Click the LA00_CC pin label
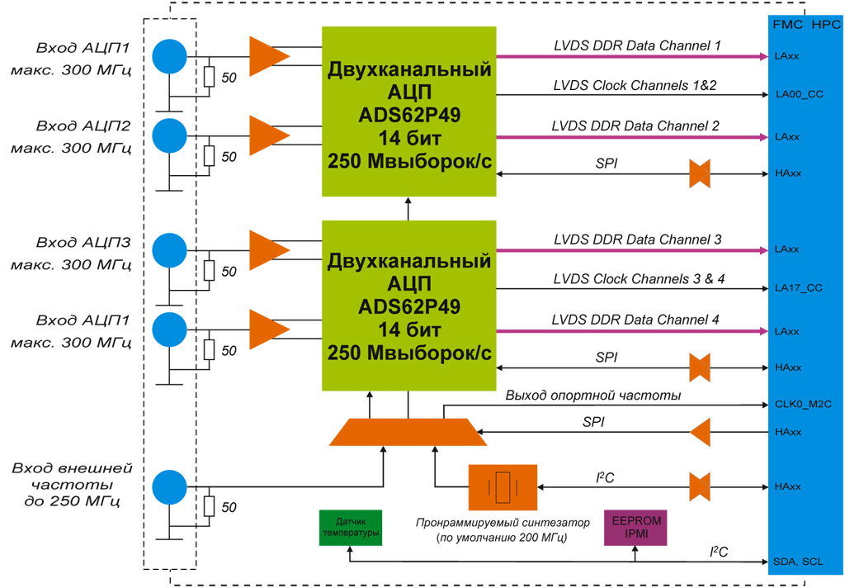pyautogui.click(x=799, y=94)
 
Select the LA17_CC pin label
pyautogui.click(x=799, y=288)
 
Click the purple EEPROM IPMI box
pyautogui.click(x=635, y=527)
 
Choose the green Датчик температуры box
pyautogui.click(x=351, y=527)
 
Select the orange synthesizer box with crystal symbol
pyautogui.click(x=502, y=486)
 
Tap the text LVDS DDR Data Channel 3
pyautogui.click(x=637, y=239)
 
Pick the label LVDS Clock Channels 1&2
pyautogui.click(x=635, y=85)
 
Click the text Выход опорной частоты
pyautogui.click(x=592, y=396)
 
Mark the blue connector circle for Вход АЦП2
pyautogui.click(x=170, y=135)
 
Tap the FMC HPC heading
pyautogui.click(x=806, y=26)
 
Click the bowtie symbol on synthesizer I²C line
pyautogui.click(x=700, y=486)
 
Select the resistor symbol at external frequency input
pyautogui.click(x=209, y=506)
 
